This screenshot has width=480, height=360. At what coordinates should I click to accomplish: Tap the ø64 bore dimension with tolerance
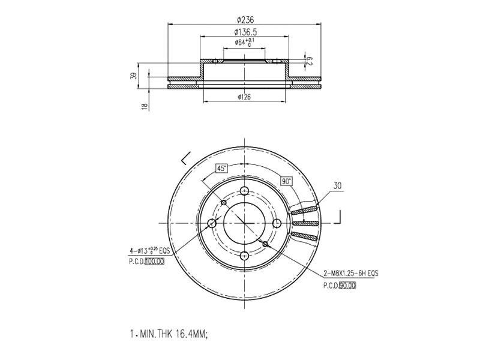242,43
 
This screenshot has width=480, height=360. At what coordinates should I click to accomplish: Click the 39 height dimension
134,76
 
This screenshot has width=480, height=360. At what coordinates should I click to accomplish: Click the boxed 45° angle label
221,169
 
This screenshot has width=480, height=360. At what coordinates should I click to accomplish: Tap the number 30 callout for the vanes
337,187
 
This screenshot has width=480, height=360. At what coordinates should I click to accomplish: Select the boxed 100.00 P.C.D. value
154,262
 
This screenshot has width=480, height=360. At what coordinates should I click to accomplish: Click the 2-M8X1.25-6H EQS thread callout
350,273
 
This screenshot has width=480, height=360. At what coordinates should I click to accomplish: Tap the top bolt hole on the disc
244,191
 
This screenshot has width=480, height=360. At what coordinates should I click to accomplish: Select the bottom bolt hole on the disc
244,256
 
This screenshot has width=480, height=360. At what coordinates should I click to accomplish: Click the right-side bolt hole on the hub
277,224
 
